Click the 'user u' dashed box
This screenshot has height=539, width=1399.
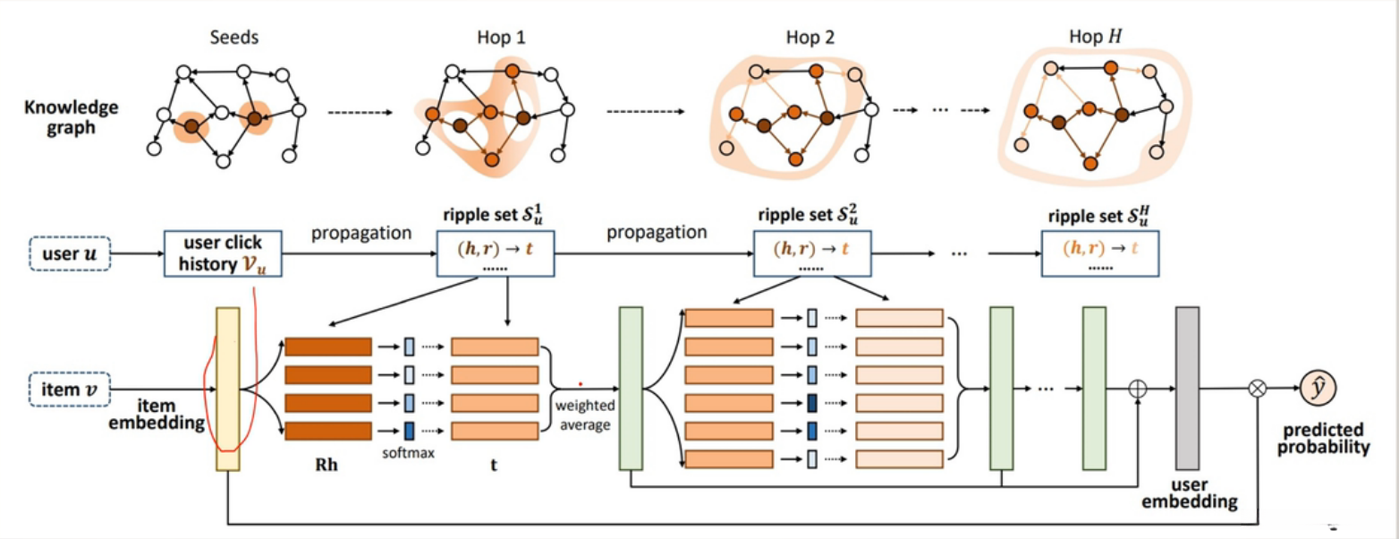click(x=70, y=254)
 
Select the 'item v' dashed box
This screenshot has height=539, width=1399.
click(x=70, y=389)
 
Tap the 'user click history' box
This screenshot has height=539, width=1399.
click(x=223, y=253)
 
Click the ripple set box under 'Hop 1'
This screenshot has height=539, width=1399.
click(x=496, y=253)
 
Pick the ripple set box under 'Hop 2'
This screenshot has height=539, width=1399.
click(x=812, y=253)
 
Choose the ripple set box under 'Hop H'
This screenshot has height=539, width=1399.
click(x=1100, y=253)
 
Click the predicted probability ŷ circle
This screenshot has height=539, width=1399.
click(x=1318, y=389)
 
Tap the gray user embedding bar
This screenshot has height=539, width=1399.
click(x=1187, y=389)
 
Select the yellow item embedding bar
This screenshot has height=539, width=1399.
click(x=228, y=389)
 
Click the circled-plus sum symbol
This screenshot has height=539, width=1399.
click(x=1138, y=389)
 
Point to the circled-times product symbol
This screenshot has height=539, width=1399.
click(x=1258, y=389)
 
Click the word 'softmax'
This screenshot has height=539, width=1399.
click(x=409, y=453)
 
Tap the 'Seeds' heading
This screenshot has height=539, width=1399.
click(x=234, y=38)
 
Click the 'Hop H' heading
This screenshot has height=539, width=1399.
click(x=1096, y=37)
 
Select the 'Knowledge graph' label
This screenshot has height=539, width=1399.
click(x=72, y=117)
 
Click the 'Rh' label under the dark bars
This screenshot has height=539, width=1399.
click(x=326, y=465)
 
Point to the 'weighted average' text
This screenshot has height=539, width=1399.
click(x=585, y=415)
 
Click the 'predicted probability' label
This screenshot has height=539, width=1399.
click(x=1324, y=439)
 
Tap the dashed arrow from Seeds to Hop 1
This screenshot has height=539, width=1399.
click(x=360, y=113)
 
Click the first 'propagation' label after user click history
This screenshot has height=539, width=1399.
click(x=361, y=233)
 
